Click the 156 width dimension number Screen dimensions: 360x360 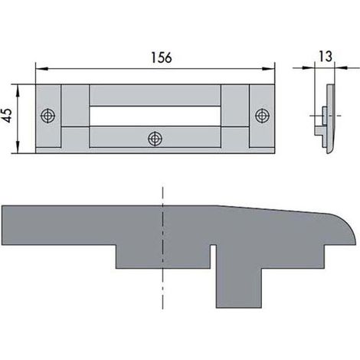click(162, 57)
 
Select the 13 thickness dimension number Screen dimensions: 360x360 click(326, 57)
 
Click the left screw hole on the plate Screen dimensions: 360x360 click(48, 116)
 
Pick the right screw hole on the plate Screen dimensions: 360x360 click(262, 116)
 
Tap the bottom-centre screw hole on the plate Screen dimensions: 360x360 click(155, 139)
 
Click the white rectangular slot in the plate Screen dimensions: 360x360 click(155, 116)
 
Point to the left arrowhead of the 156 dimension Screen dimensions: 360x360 click(41, 69)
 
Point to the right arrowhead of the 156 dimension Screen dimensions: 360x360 click(269, 69)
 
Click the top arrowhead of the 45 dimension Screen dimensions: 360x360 click(18, 90)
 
